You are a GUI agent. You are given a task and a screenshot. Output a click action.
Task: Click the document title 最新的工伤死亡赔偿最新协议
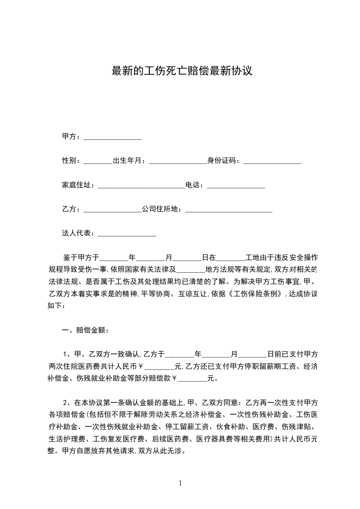[x=182, y=71]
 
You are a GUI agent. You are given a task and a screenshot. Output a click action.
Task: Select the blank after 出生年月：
[x=178, y=162]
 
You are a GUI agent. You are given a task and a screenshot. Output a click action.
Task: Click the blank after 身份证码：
[x=272, y=162]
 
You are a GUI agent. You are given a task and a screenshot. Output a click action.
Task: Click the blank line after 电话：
[x=236, y=186]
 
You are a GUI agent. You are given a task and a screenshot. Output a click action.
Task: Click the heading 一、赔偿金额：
[x=85, y=330]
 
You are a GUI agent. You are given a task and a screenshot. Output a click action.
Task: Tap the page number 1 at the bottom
[x=180, y=483]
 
